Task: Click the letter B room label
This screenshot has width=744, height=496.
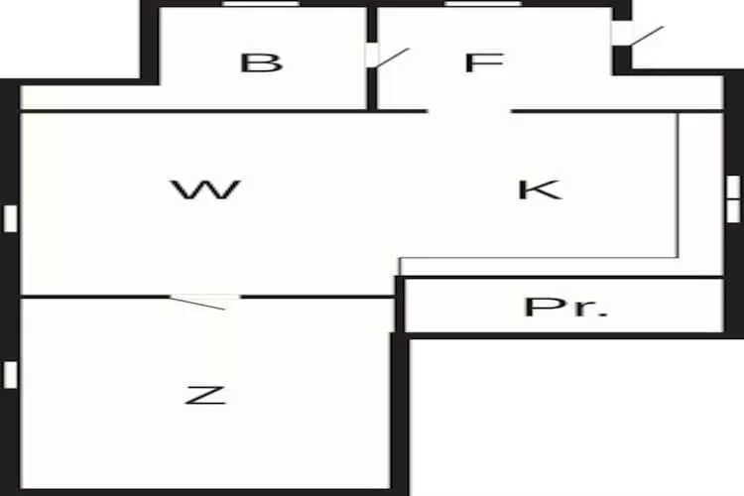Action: click(x=262, y=63)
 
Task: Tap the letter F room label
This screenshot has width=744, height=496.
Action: click(x=483, y=62)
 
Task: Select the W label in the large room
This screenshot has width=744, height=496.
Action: click(x=206, y=189)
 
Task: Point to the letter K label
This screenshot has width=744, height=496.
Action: click(x=540, y=189)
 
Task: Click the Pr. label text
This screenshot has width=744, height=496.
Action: click(x=565, y=308)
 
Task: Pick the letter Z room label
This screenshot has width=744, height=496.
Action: click(x=205, y=396)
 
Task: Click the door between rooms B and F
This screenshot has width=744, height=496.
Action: click(x=387, y=57)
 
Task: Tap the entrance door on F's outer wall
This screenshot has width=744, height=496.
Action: click(x=637, y=35)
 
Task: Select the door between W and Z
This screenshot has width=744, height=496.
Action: click(x=204, y=302)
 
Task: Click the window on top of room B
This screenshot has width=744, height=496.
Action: click(x=261, y=4)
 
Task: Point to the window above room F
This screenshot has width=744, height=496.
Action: click(x=483, y=4)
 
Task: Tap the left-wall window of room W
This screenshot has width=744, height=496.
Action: click(x=11, y=218)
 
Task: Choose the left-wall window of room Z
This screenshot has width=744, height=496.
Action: click(x=11, y=374)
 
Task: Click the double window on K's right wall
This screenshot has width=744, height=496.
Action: click(x=733, y=198)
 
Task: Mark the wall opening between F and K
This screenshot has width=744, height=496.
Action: click(x=469, y=111)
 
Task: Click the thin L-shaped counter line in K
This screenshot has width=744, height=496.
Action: click(x=679, y=257)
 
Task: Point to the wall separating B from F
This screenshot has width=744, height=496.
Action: click(x=372, y=58)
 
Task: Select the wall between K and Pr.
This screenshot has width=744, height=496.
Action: click(x=560, y=277)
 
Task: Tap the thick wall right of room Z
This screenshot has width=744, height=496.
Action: click(x=400, y=414)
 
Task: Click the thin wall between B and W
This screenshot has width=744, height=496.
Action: click(x=193, y=111)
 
